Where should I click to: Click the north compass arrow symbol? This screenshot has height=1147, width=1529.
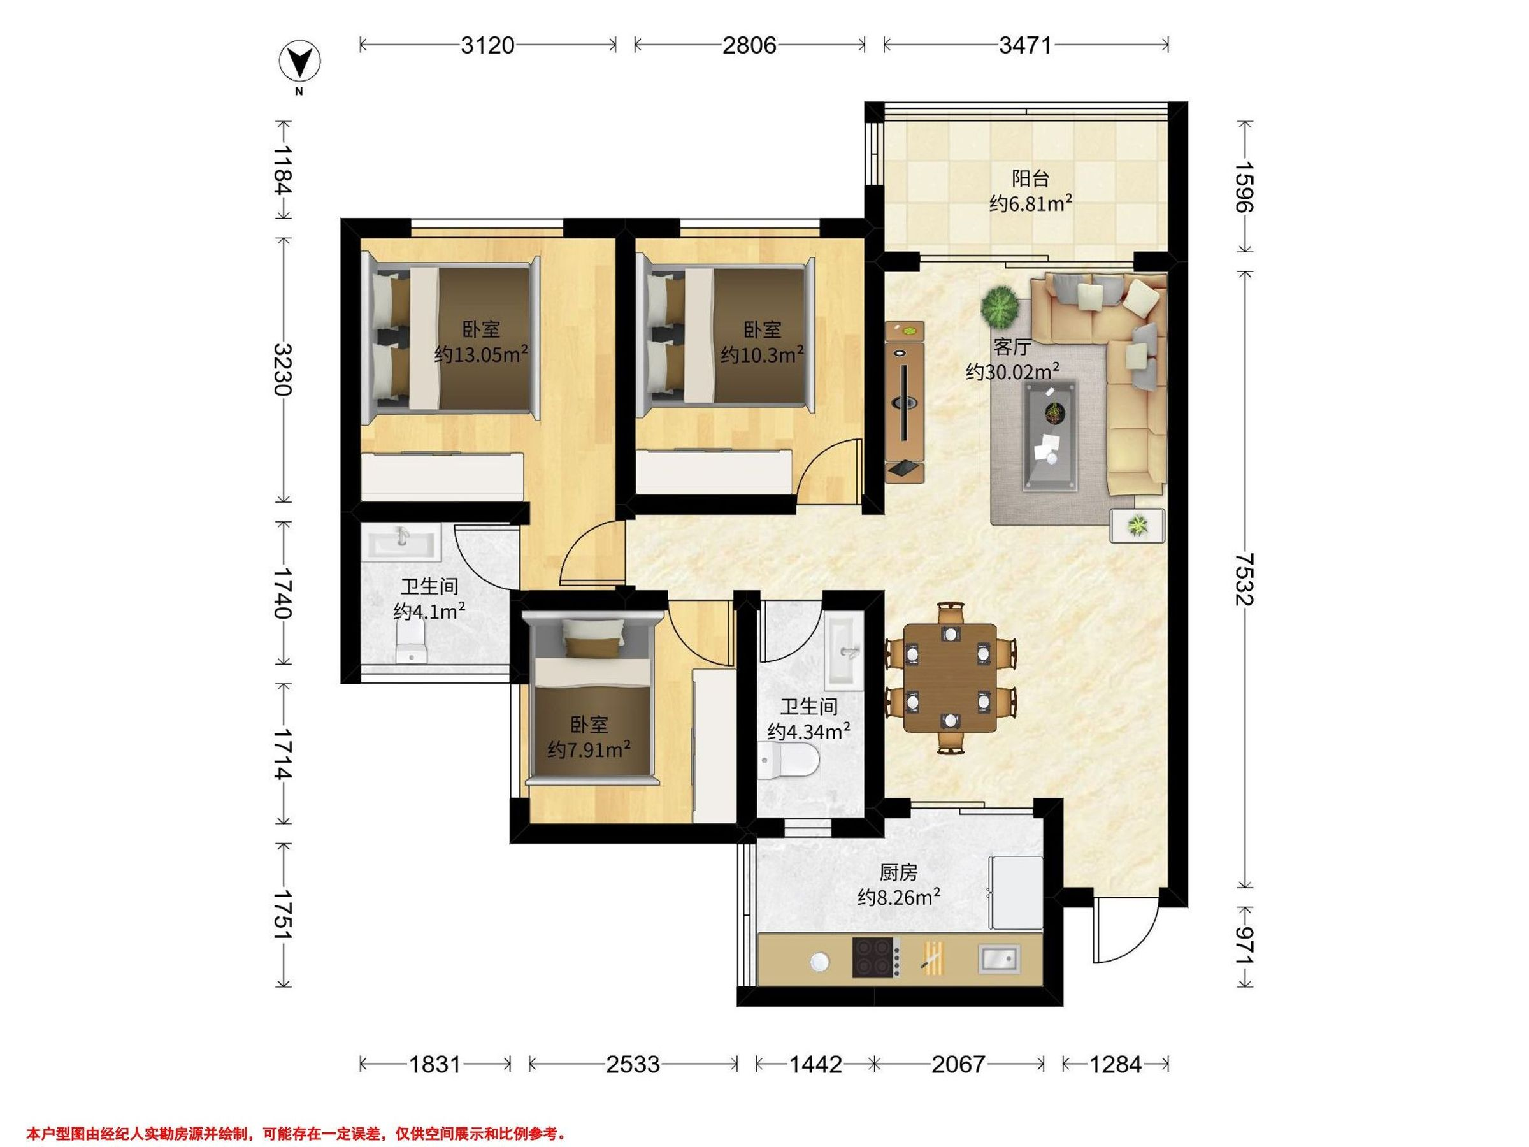(299, 62)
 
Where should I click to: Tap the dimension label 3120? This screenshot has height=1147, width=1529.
(488, 46)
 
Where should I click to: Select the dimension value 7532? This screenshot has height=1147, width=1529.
(1244, 579)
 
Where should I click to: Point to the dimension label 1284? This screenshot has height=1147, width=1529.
(1115, 1065)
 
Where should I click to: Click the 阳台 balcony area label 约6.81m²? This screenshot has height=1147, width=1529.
(1031, 203)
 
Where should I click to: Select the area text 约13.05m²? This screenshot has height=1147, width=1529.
(481, 355)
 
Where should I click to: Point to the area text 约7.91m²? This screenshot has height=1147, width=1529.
(589, 749)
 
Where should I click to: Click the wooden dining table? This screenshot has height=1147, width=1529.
(951, 677)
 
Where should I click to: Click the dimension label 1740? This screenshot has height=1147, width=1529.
(284, 592)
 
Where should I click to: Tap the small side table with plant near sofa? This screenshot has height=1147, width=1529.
(1137, 526)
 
